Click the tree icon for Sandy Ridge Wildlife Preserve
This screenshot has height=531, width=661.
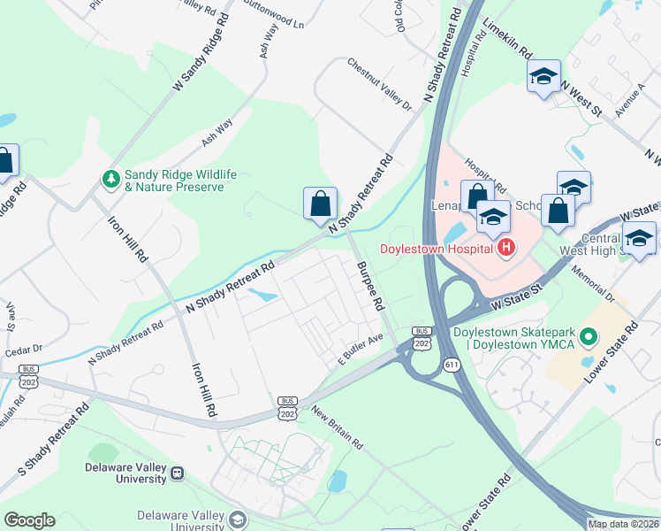(x=111, y=181)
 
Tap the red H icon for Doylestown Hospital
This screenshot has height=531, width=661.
(x=505, y=248)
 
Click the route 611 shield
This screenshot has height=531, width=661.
(x=452, y=363)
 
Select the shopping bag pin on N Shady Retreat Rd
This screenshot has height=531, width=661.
(x=319, y=203)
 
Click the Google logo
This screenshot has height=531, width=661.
(x=29, y=520)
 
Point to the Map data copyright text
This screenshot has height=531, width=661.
(x=623, y=524)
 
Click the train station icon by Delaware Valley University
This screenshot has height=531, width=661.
(x=178, y=473)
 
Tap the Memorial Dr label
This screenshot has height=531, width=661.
(x=598, y=283)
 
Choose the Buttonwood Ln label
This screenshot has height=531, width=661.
(x=274, y=19)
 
